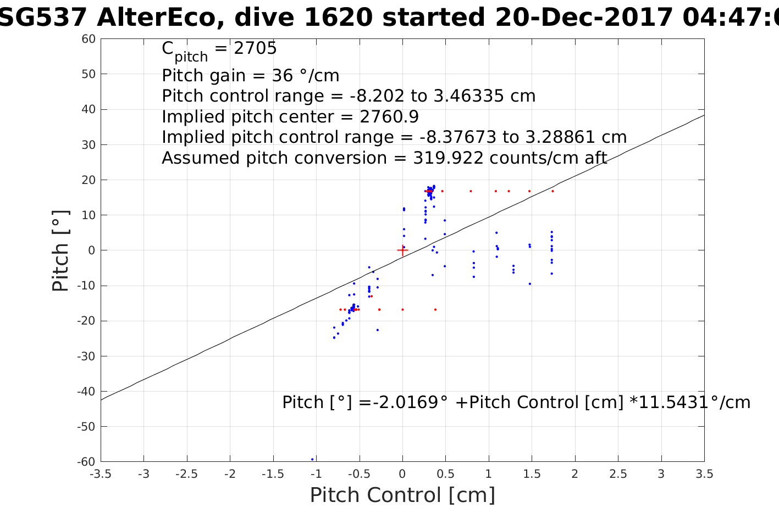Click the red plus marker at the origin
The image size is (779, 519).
point(402,250)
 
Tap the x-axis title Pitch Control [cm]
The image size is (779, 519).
point(402,495)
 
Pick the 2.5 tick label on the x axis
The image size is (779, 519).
point(618,474)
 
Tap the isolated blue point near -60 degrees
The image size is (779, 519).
point(312,459)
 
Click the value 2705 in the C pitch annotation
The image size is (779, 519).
point(255,49)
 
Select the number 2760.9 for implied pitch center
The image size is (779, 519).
point(389,117)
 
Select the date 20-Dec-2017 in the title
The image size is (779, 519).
point(584,18)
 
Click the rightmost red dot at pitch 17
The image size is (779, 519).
point(553,191)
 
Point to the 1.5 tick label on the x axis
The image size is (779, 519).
point(532,474)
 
